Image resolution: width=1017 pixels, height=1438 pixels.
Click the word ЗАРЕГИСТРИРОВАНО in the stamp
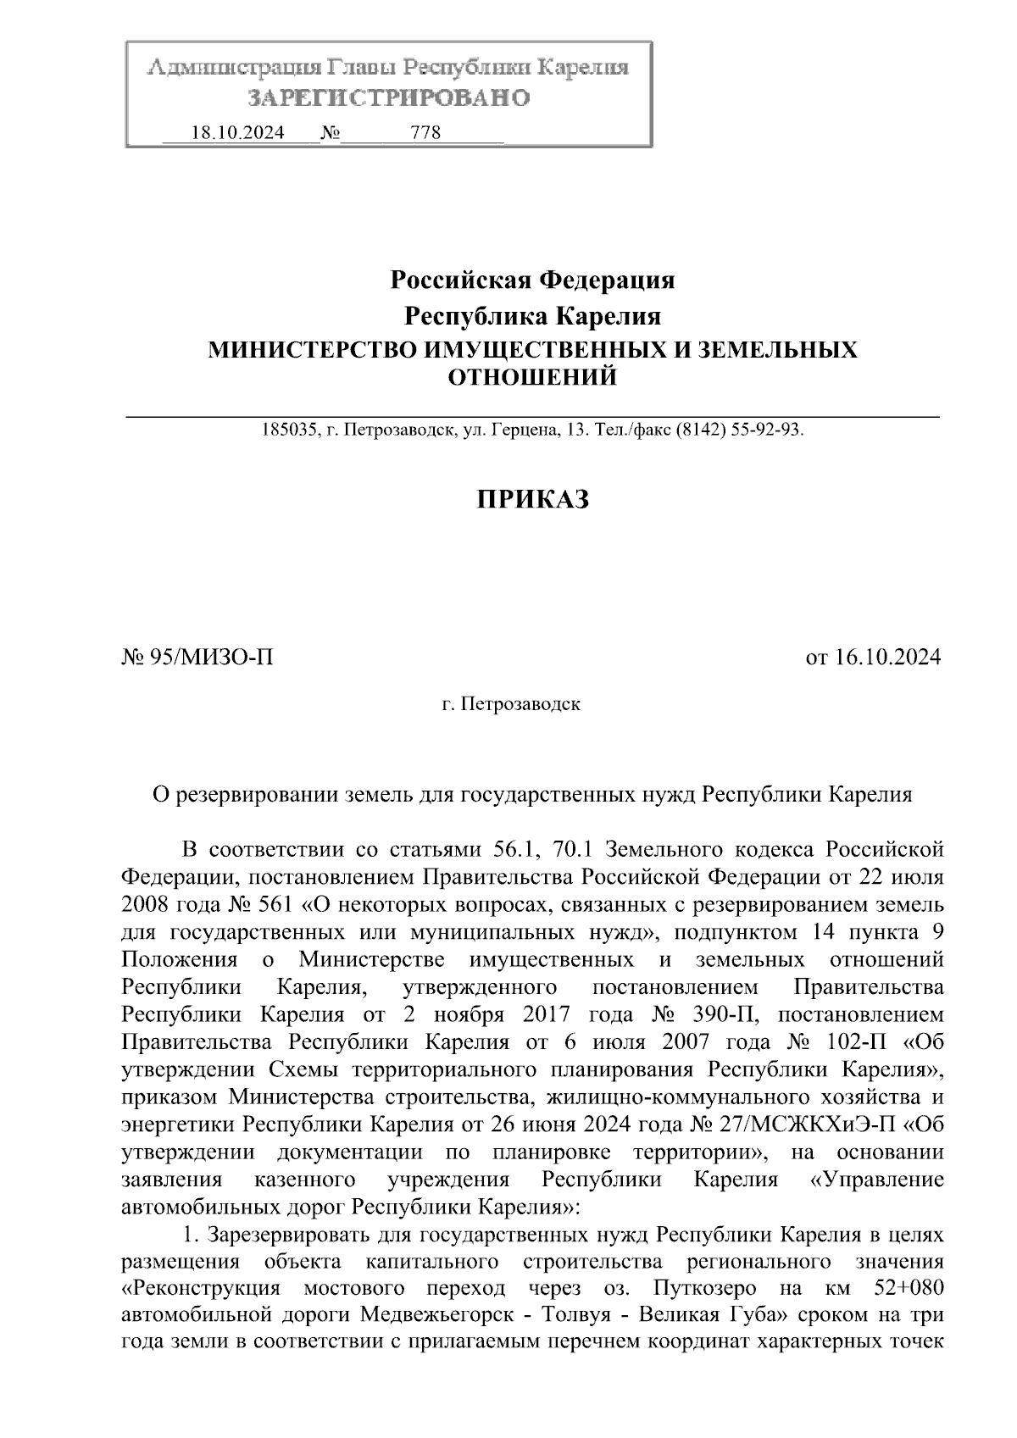[x=389, y=98]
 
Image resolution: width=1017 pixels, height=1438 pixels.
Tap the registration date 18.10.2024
[x=238, y=133]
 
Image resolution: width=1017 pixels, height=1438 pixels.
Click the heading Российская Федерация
[x=532, y=280]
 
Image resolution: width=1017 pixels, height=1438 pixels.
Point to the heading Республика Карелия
[x=532, y=317]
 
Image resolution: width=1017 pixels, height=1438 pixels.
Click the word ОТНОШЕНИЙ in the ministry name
[x=532, y=377]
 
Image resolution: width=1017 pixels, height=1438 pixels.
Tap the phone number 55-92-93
[x=768, y=430]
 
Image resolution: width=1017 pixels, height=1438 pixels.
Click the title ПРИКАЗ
[x=532, y=500]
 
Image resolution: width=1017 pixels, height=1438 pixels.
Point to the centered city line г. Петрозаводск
[x=511, y=704]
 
